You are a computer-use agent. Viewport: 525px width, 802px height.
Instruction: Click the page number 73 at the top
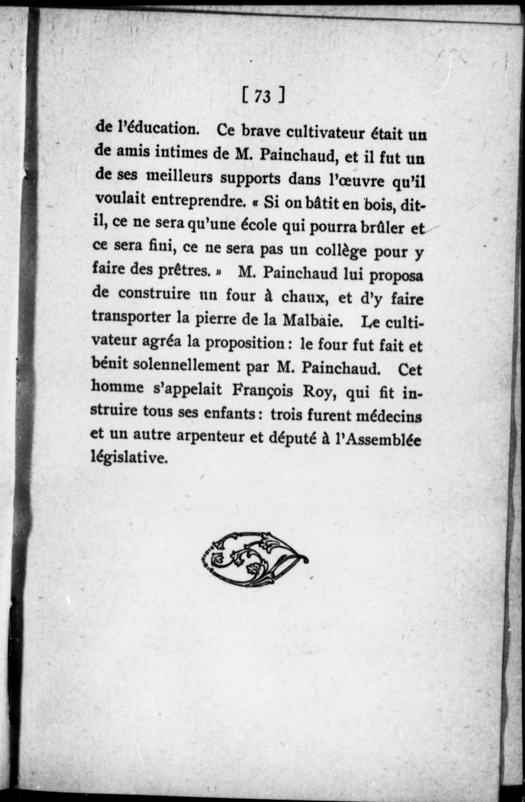tap(262, 96)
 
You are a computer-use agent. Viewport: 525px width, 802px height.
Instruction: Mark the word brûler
tap(381, 228)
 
